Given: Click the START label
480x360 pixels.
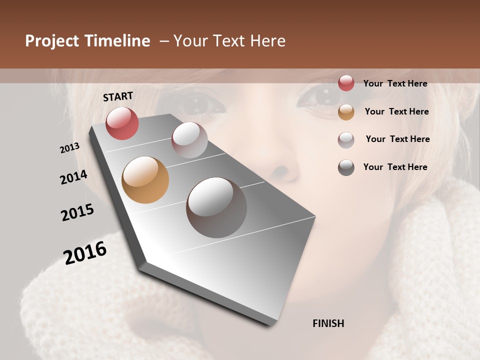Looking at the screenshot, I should point(118,96).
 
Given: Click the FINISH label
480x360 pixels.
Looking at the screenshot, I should point(328,323).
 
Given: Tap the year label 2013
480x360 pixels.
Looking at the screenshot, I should point(70,147).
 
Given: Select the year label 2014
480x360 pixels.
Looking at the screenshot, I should point(73,177).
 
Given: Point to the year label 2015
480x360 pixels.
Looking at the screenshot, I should point(77,212).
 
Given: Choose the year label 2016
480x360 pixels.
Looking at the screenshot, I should point(85,252).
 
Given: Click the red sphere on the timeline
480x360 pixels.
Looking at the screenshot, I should point(122,123).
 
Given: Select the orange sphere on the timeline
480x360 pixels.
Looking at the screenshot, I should point(145,180).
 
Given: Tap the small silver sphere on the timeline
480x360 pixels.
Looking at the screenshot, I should point(189,140).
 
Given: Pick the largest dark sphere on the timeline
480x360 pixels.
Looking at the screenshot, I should point(216,207).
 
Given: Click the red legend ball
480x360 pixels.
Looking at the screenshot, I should point(346,83).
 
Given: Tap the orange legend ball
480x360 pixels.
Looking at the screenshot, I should point(346,112).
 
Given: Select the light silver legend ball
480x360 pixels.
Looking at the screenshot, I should point(346,140).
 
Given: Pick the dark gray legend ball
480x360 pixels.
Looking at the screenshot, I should point(346,167).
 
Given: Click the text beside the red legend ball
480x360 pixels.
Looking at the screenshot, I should point(395,83).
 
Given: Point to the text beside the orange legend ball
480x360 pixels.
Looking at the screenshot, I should point(396,111).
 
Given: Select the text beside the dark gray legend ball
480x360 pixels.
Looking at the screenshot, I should point(395,167).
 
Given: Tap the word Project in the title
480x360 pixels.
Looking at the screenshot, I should point(52,41).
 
